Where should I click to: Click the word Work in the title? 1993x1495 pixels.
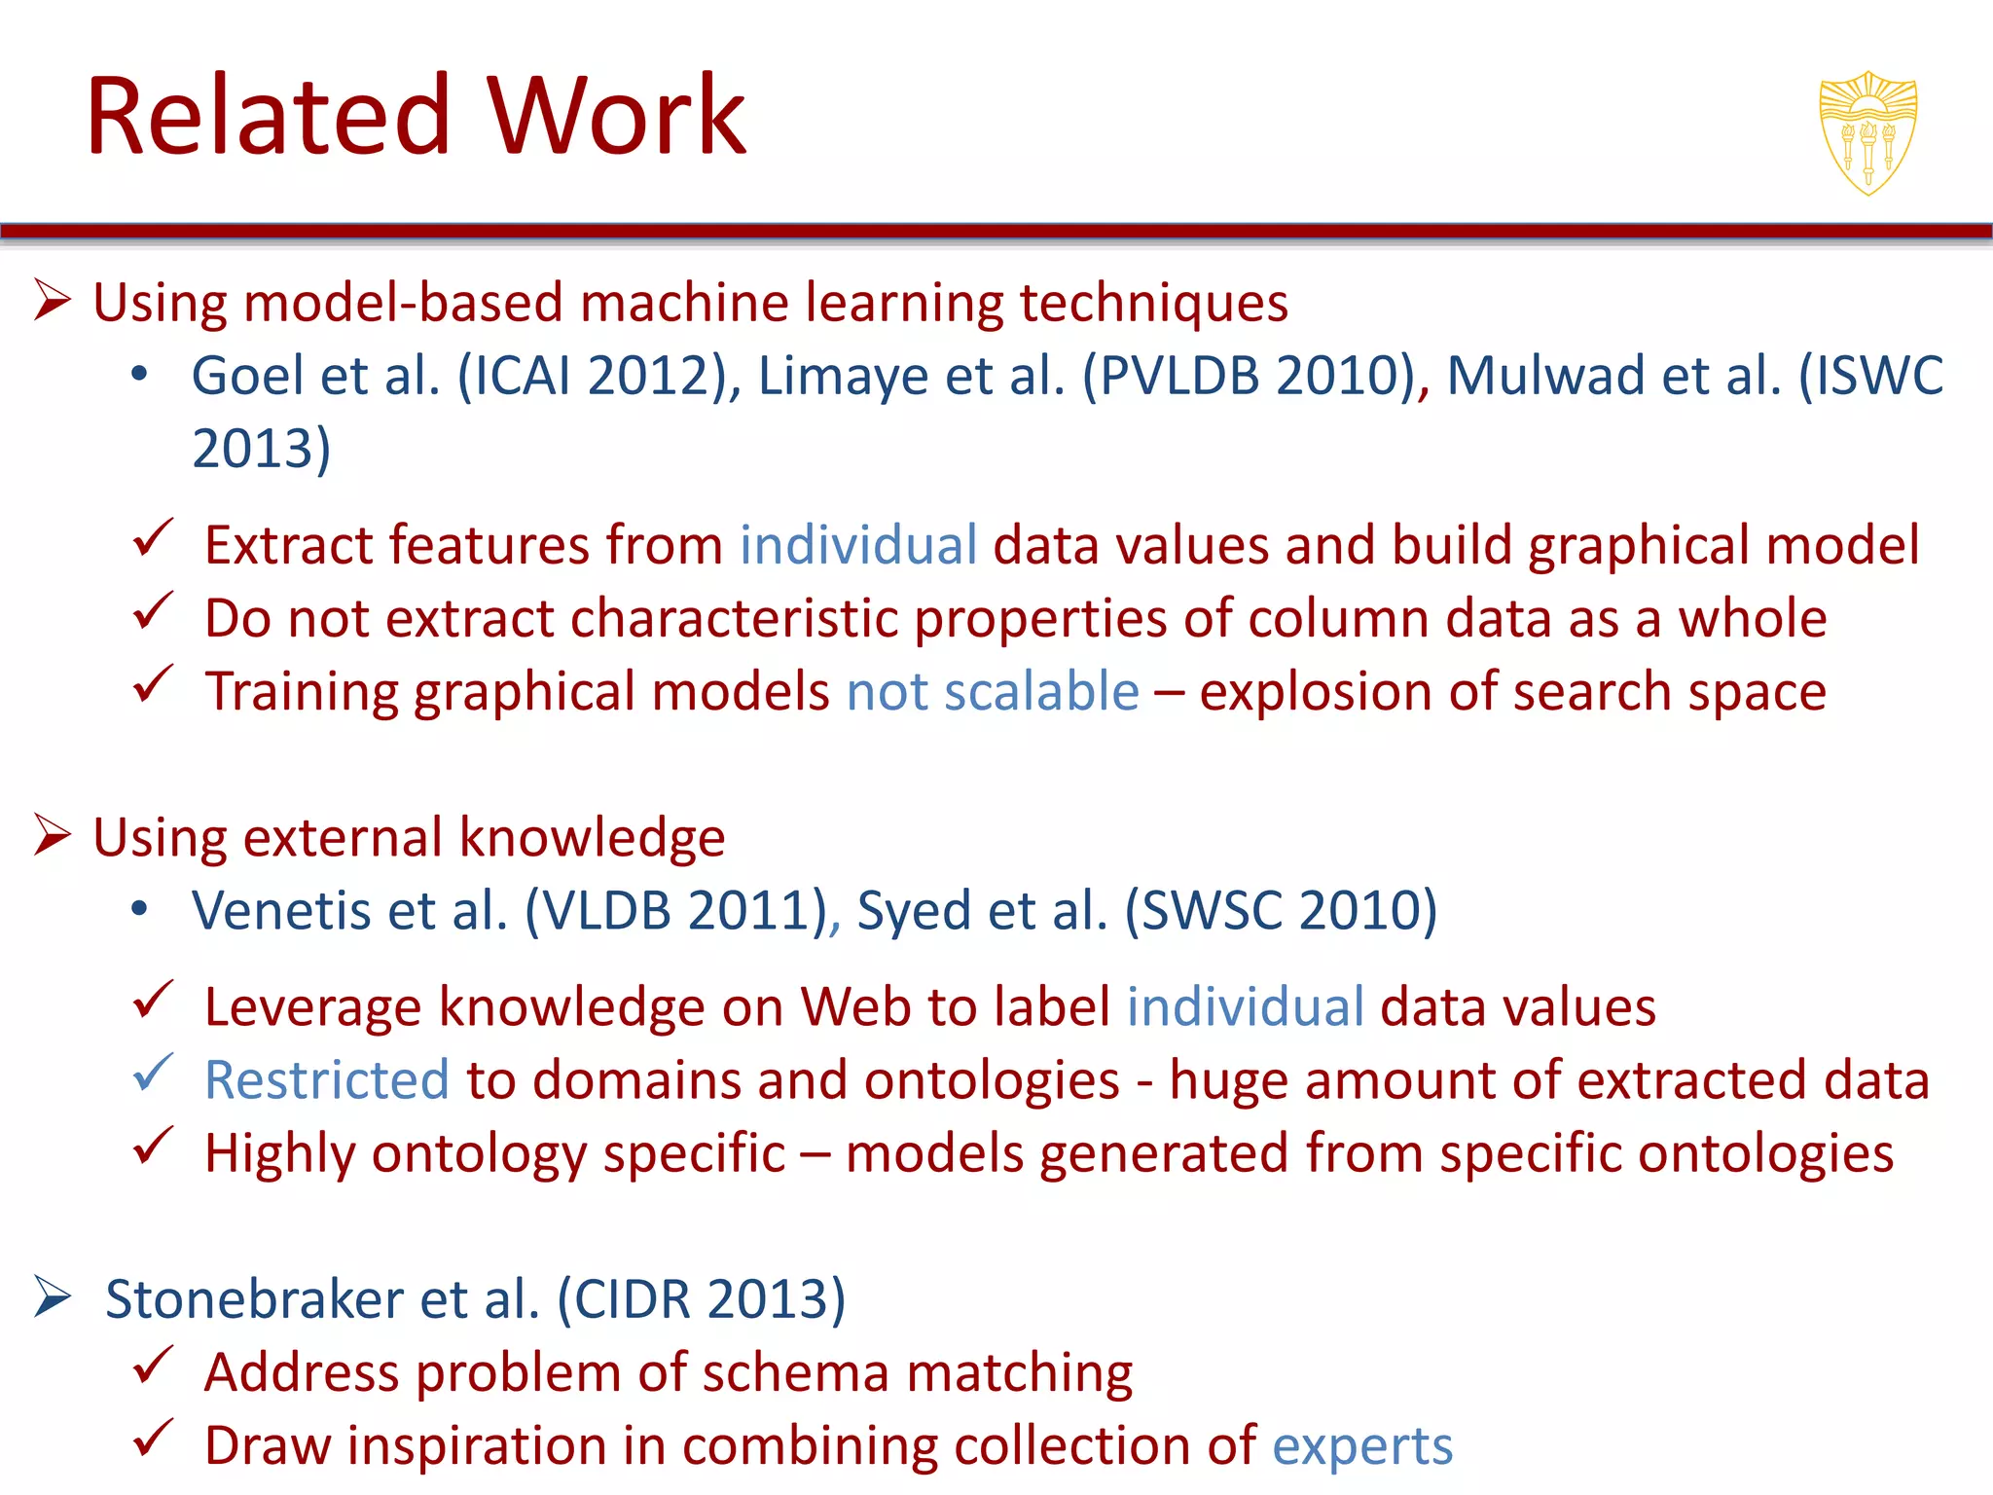tap(616, 116)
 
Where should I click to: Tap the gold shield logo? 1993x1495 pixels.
tap(1867, 133)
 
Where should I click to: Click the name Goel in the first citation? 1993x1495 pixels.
tap(247, 376)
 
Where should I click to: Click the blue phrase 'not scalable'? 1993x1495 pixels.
tap(993, 692)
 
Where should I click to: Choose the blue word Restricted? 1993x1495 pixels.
tap(326, 1080)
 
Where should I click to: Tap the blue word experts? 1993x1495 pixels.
tap(1361, 1445)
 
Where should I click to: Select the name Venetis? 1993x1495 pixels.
tap(281, 911)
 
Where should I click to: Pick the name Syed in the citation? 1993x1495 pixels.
tap(913, 912)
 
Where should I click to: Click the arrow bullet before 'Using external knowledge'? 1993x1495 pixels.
tap(53, 835)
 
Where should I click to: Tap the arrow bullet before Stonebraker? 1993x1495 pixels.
tap(53, 1296)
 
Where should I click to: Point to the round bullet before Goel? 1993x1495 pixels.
tap(140, 375)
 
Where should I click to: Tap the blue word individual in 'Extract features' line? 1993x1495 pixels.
tap(857, 545)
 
